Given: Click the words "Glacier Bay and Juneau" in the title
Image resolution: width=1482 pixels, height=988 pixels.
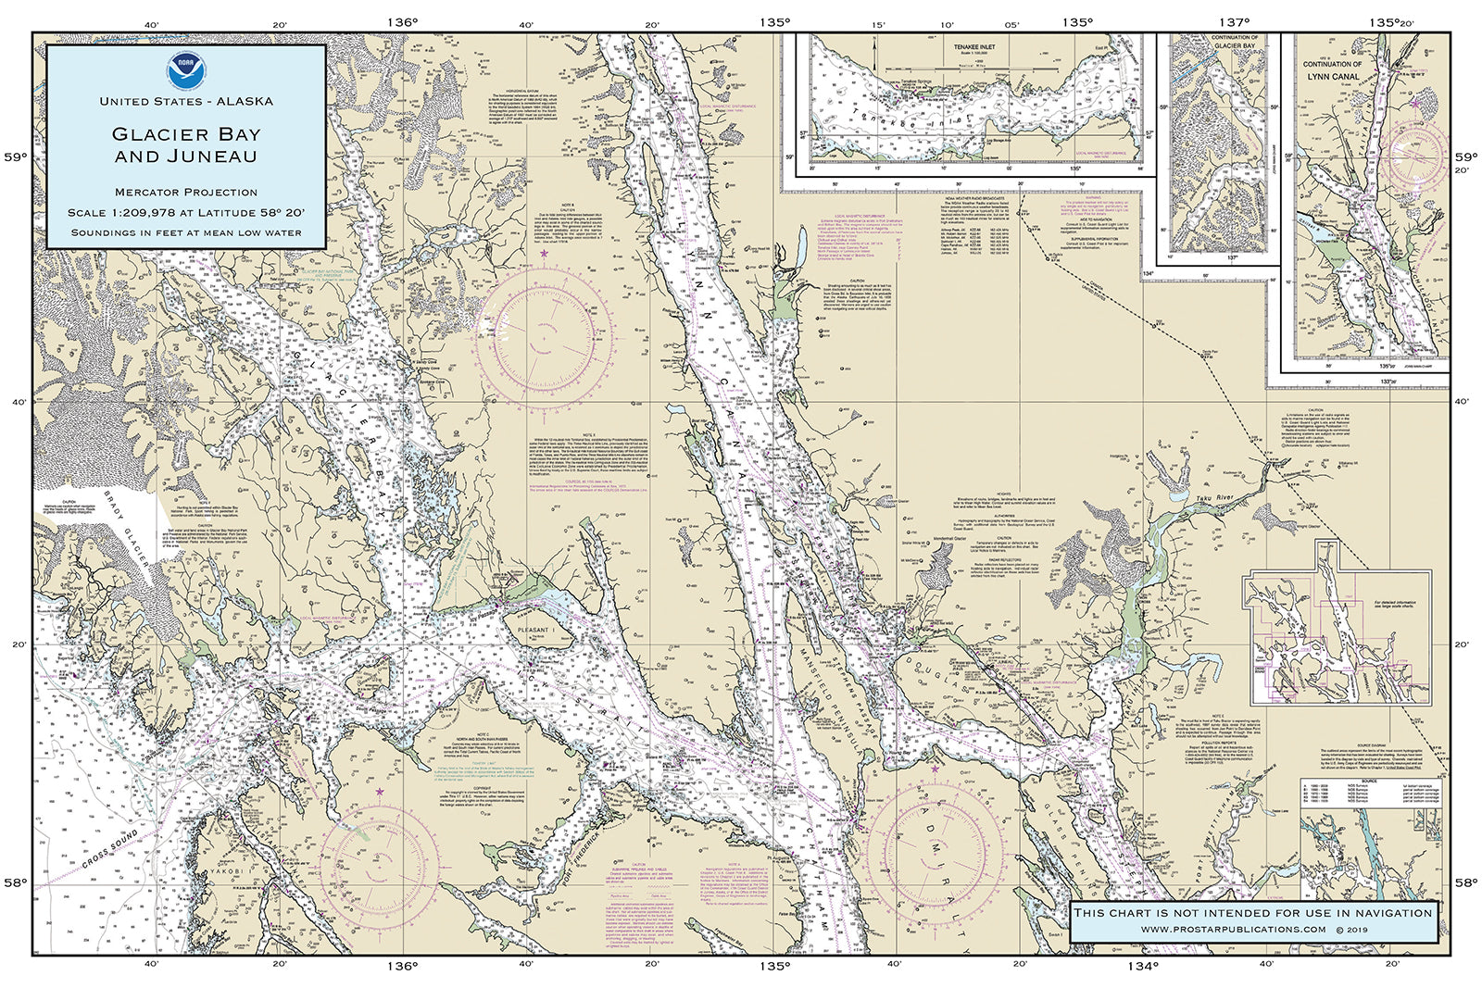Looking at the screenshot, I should point(185,144).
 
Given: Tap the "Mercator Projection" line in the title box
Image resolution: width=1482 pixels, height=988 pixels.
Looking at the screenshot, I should point(185,193).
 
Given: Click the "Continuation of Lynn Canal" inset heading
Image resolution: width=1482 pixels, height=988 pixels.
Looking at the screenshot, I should point(1333,70).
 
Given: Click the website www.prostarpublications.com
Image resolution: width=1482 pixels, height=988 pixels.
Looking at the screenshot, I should point(1232,929).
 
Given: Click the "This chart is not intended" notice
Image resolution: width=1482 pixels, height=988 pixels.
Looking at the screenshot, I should point(1252,913).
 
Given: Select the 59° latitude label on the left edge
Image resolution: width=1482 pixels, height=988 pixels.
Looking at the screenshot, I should point(17,157).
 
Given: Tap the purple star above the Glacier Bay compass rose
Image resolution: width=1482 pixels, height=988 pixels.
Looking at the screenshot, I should point(545,253).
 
